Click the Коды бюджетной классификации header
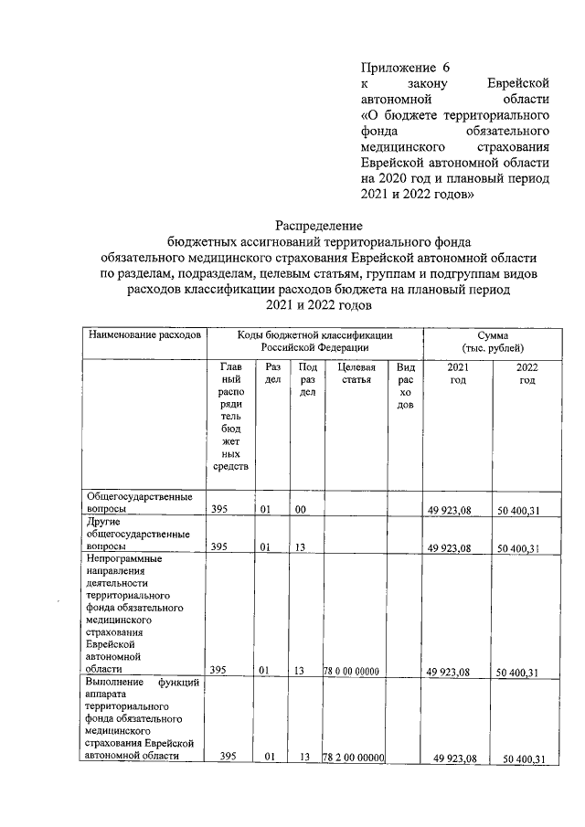[314, 342]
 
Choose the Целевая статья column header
[356, 373]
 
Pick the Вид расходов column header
[405, 386]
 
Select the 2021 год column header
[458, 373]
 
